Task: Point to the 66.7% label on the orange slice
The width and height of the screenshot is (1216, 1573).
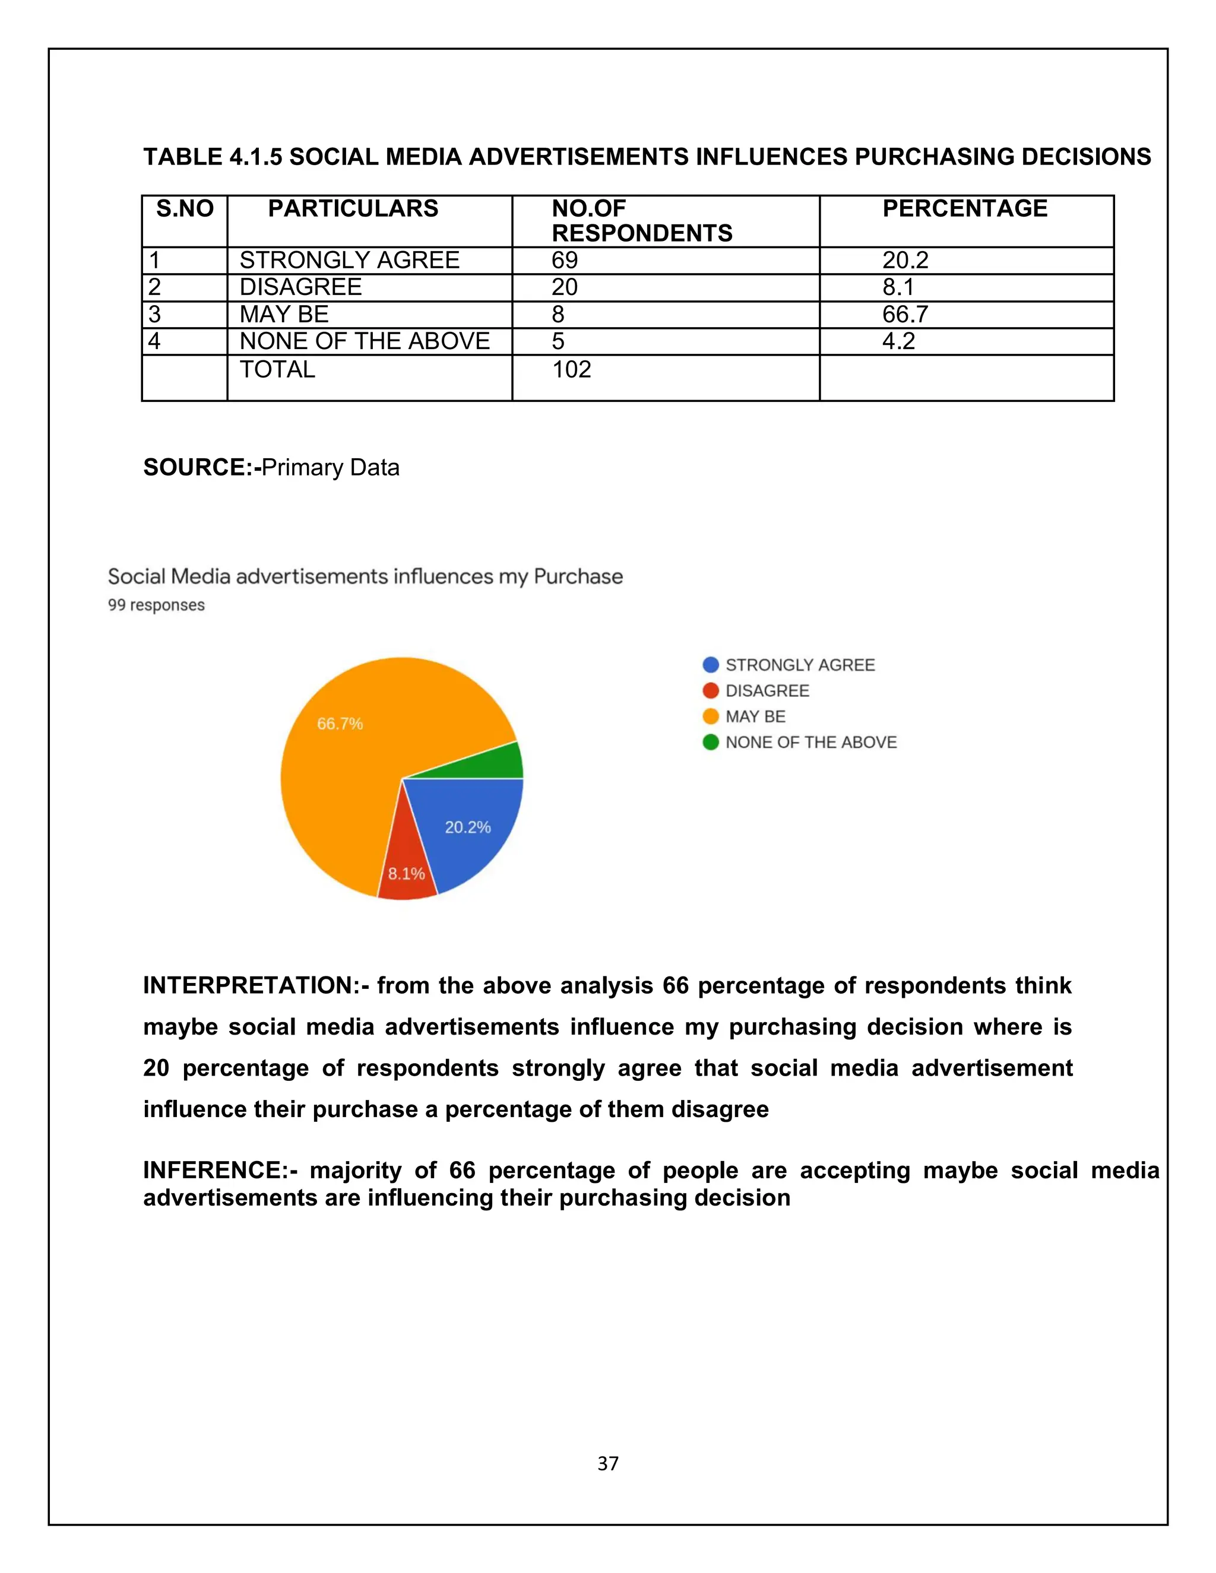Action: [x=340, y=724]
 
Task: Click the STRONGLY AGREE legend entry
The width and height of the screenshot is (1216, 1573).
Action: [x=800, y=665]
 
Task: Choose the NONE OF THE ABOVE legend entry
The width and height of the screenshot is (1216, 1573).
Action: [x=810, y=743]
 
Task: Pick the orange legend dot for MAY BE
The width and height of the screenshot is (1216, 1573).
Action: [x=710, y=716]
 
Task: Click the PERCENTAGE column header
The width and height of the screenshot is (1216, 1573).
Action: [x=965, y=209]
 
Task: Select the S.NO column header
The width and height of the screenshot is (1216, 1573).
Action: [x=185, y=209]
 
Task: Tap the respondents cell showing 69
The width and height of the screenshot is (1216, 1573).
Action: [x=565, y=260]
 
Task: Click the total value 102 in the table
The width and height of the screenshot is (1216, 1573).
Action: [x=571, y=369]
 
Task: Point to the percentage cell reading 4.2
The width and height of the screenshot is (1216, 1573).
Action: [x=898, y=341]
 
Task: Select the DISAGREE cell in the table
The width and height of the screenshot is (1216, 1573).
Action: [x=300, y=287]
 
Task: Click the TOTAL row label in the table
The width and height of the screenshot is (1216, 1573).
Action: [x=277, y=369]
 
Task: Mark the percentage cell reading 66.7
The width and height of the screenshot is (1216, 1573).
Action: [x=905, y=315]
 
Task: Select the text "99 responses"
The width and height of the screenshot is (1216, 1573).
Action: [x=156, y=605]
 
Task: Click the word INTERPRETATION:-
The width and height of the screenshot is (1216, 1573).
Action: [x=256, y=985]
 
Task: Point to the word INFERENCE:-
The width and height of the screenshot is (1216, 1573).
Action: [x=220, y=1171]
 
